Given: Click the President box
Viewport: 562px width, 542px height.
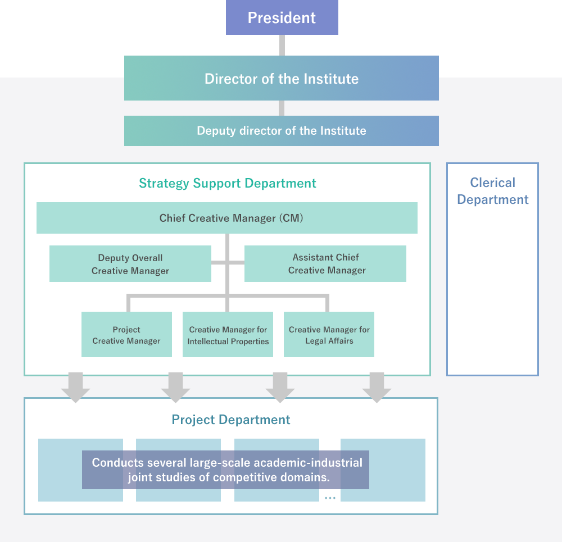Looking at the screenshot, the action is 282,17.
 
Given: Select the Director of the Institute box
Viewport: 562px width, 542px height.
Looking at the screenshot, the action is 282,78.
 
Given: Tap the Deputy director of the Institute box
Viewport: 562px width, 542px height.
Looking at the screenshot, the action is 282,131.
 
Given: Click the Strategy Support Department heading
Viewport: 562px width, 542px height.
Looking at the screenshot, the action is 228,183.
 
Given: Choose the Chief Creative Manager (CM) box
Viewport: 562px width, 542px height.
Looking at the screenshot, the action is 227,218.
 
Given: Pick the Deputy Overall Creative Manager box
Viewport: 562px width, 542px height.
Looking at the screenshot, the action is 130,263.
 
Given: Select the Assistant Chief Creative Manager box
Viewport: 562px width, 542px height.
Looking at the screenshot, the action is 325,263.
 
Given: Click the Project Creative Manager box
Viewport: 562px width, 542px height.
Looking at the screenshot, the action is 126,334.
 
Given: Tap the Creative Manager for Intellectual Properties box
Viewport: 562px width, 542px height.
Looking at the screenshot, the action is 228,334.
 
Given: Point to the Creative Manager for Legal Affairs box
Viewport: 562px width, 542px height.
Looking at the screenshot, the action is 329,334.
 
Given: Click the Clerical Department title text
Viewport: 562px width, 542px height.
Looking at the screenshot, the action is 493,191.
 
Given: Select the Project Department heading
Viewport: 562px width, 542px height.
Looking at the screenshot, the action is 231,420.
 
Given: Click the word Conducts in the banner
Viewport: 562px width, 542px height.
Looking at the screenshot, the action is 117,462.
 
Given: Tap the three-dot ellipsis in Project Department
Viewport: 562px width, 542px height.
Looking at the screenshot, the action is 330,498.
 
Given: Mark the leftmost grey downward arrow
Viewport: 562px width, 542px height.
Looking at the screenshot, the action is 76,388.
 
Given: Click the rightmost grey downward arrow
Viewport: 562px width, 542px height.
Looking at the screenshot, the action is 377,388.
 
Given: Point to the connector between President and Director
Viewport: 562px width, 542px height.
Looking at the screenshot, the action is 282,45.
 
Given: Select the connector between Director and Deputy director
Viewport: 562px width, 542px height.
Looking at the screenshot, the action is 282,108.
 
